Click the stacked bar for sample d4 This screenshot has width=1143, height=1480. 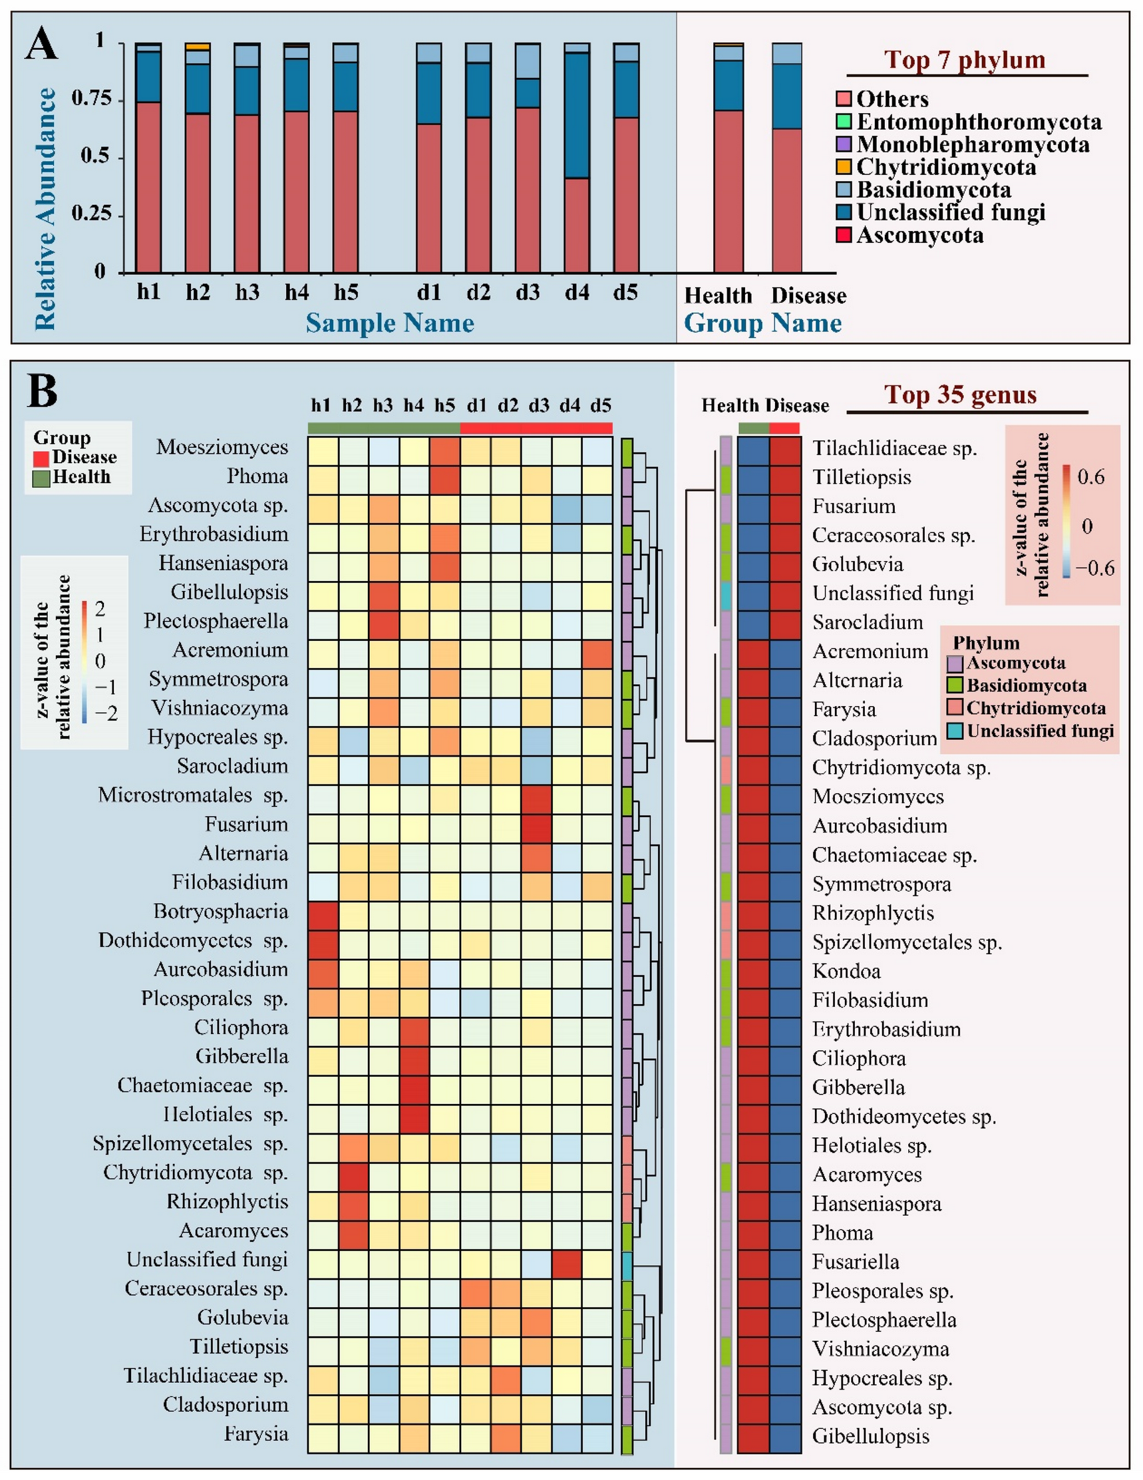coord(577,157)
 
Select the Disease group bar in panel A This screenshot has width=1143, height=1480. coord(786,157)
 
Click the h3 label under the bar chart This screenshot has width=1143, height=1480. coord(247,292)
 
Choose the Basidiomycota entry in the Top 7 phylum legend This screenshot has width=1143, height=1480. coord(933,190)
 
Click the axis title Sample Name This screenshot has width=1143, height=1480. coord(390,323)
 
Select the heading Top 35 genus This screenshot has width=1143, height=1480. coord(960,395)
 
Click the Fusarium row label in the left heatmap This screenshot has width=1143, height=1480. coord(246,824)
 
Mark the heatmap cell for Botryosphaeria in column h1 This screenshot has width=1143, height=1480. coord(323,912)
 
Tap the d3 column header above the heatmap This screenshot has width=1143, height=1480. coord(539,405)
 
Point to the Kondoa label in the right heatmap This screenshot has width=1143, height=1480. coord(846,971)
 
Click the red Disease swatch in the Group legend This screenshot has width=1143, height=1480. coord(41,457)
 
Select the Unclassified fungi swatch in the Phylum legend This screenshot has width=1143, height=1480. coord(955,731)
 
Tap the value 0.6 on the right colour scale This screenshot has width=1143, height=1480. coord(1090,476)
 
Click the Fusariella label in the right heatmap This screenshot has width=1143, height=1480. coord(856,1262)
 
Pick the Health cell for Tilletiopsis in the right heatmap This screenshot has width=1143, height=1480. coord(753,477)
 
